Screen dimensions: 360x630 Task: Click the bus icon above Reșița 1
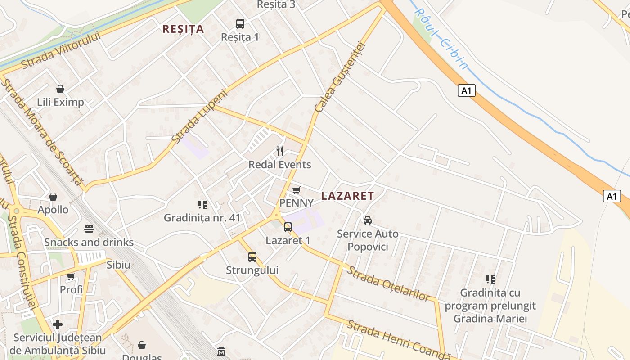pyautogui.click(x=240, y=24)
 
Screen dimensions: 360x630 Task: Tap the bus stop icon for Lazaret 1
pyautogui.click(x=288, y=227)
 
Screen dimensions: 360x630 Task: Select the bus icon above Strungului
pyautogui.click(x=252, y=257)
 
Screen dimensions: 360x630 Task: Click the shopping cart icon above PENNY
pyautogui.click(x=296, y=190)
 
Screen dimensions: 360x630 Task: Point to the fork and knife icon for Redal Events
pyautogui.click(x=280, y=151)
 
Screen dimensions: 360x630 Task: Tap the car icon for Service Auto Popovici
pyautogui.click(x=368, y=220)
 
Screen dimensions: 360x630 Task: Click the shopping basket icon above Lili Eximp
pyautogui.click(x=60, y=89)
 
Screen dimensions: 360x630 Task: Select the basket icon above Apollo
pyautogui.click(x=53, y=197)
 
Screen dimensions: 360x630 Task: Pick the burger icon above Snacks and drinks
pyautogui.click(x=89, y=229)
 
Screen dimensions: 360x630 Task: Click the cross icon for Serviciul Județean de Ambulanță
pyautogui.click(x=58, y=324)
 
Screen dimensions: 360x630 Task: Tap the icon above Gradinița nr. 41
pyautogui.click(x=202, y=205)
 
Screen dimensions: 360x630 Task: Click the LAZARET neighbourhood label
pyautogui.click(x=347, y=196)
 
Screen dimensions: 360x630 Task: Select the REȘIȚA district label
pyautogui.click(x=183, y=29)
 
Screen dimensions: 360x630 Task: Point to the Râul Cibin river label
pyautogui.click(x=441, y=39)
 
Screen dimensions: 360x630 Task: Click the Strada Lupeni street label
pyautogui.click(x=200, y=117)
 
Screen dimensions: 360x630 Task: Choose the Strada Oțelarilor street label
pyautogui.click(x=388, y=283)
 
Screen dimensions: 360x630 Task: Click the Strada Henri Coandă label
pyautogui.click(x=398, y=340)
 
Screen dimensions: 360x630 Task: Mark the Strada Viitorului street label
pyautogui.click(x=60, y=50)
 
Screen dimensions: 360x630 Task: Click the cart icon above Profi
pyautogui.click(x=71, y=276)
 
